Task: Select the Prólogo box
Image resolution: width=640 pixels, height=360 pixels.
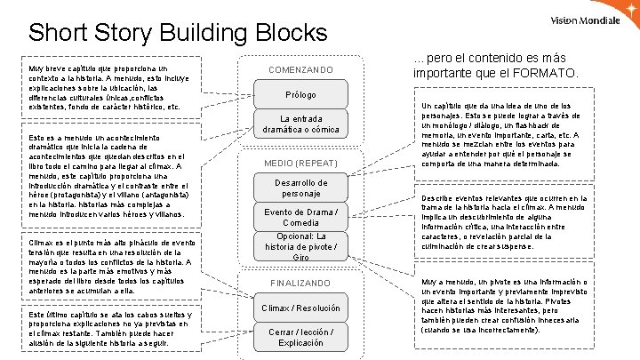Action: pyautogui.click(x=300, y=95)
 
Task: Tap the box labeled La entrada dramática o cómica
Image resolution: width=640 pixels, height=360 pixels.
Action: pyautogui.click(x=300, y=124)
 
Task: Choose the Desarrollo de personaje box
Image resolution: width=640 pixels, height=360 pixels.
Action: pyautogui.click(x=300, y=187)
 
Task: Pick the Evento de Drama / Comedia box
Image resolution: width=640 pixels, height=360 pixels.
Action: pyautogui.click(x=300, y=216)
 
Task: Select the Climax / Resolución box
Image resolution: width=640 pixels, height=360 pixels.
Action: pyautogui.click(x=300, y=308)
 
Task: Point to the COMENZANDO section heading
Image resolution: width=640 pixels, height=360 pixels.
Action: pyautogui.click(x=300, y=69)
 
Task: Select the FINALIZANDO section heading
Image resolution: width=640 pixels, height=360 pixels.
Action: pyautogui.click(x=300, y=282)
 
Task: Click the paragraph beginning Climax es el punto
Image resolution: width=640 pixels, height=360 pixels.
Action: pyautogui.click(x=111, y=265)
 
